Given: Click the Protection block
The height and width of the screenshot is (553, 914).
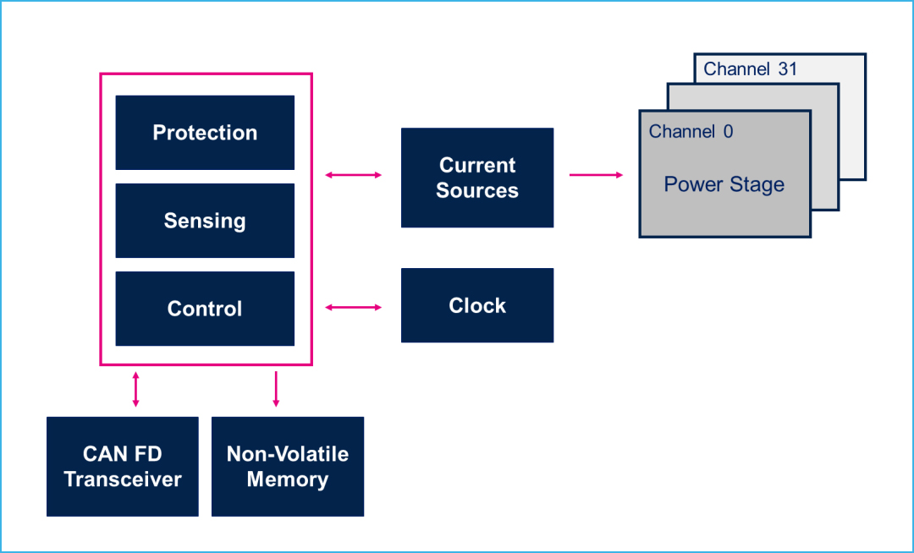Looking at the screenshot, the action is coord(205,133).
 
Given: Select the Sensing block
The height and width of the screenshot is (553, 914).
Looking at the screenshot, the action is coord(205,221).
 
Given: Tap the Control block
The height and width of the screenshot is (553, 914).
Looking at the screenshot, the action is coord(205,309).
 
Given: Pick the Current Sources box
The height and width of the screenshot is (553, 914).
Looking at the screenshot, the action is coord(476,178).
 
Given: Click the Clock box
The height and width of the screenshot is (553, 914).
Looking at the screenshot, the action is coord(476,305).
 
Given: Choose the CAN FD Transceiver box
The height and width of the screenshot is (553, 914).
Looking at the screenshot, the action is coord(123,466).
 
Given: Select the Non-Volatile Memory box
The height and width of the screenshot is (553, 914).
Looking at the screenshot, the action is coord(288,466).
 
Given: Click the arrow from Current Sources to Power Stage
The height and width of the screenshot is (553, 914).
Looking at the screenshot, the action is coord(596,175).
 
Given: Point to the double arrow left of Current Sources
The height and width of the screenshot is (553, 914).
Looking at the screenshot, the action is coord(353,175).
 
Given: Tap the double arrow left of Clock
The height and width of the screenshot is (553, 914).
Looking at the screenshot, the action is coord(353,307).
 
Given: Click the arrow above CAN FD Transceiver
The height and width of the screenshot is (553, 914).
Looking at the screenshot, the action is coord(135,390).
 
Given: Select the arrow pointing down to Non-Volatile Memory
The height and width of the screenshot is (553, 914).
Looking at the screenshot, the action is coord(276,390).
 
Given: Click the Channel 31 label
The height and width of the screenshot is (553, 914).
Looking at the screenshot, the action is coord(750,68).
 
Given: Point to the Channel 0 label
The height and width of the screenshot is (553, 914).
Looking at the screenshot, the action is coord(691,132).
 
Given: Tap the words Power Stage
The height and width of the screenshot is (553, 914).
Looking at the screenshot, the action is coord(724,184).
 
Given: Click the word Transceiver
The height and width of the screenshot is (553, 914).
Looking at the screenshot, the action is coord(123,479).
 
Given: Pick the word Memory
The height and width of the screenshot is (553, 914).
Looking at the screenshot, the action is coord(288,479).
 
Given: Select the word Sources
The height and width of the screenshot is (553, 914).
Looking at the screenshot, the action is coord(476,190).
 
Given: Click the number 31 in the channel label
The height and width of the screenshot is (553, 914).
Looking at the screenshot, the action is coord(788,68).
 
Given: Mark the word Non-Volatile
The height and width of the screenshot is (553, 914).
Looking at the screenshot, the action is coord(288,454).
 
